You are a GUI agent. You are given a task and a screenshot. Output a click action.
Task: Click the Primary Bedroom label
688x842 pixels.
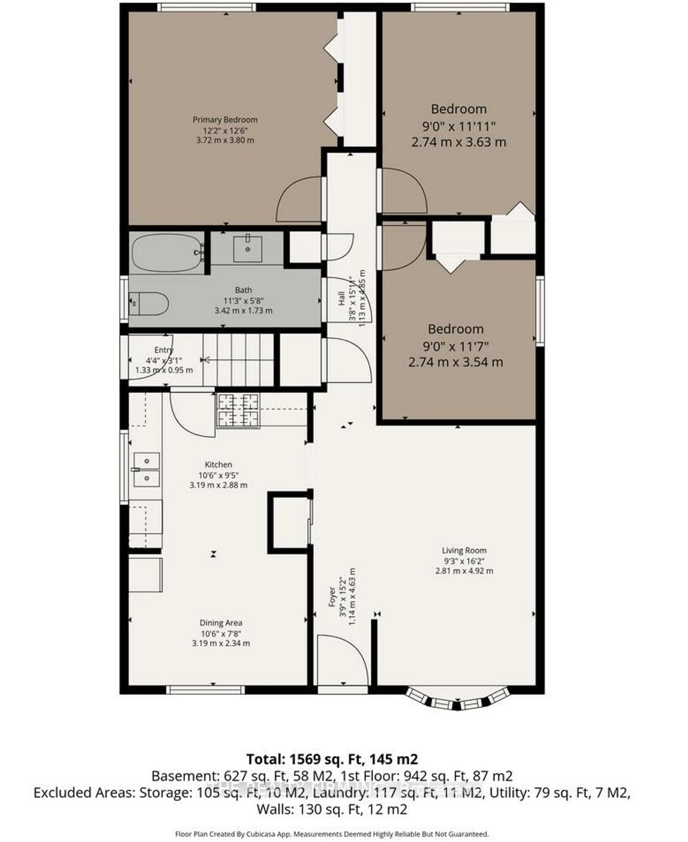pyautogui.click(x=225, y=120)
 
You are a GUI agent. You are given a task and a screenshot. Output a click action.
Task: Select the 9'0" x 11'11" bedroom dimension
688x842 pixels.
pyautogui.click(x=458, y=126)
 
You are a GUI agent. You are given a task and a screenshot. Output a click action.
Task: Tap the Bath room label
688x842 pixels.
pyautogui.click(x=243, y=290)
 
